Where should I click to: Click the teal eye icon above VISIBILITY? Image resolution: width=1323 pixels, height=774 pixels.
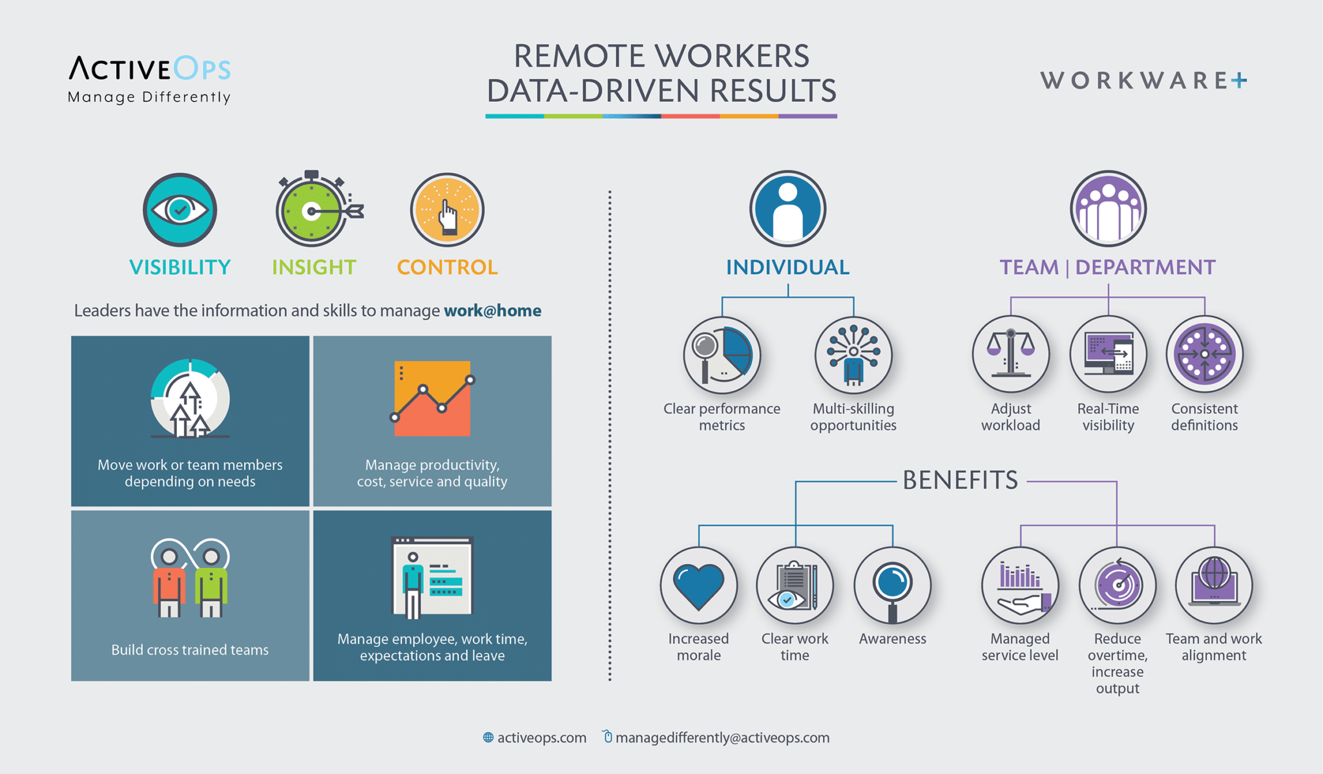(180, 210)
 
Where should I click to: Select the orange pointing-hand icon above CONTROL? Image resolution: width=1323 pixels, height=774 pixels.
(447, 210)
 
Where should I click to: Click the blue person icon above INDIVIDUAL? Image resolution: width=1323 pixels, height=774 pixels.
(787, 209)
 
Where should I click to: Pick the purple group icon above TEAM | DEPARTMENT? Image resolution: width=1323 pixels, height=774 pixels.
(1108, 209)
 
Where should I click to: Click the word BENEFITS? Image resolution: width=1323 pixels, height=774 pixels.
(960, 481)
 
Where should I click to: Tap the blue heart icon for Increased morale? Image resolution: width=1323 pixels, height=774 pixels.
(698, 585)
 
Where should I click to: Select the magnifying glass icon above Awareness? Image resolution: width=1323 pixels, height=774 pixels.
(892, 585)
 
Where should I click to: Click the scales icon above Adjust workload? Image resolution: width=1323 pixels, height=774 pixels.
(1010, 354)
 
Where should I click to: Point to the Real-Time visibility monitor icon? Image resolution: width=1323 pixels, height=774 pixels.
(1108, 354)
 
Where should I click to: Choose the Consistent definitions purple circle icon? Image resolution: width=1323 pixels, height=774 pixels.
(1204, 354)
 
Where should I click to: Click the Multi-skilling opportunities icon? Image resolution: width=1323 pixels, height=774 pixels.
(853, 355)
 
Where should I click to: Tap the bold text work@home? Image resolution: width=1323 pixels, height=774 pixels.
(492, 311)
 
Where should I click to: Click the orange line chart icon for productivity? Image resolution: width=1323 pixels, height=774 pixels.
(432, 399)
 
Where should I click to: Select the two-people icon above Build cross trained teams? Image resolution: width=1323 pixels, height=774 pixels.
(190, 578)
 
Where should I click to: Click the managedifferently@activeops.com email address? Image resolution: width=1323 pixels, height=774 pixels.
(722, 738)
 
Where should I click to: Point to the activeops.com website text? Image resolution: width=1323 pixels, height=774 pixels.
(541, 738)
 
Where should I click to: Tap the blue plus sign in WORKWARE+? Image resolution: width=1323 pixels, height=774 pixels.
(1238, 81)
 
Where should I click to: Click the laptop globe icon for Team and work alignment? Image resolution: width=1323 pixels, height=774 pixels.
(1214, 585)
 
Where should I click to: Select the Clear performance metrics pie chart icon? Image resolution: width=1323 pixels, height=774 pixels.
(722, 355)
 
